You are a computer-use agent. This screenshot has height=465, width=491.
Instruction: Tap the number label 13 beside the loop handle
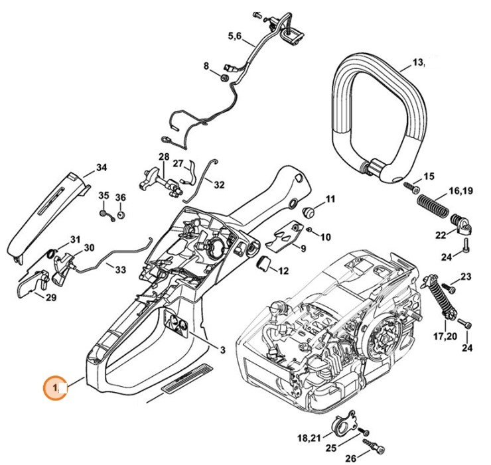point(417,62)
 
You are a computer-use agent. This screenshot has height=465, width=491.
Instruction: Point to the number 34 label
point(101,167)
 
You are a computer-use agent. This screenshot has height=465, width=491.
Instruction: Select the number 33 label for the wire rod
point(119,269)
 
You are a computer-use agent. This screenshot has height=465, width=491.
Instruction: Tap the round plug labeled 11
point(308,210)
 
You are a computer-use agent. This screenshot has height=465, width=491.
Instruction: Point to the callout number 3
point(223,350)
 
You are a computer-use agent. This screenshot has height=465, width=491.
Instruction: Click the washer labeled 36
point(121,215)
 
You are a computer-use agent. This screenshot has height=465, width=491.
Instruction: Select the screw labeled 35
point(105,214)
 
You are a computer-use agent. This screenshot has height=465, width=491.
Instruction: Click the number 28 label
point(164,156)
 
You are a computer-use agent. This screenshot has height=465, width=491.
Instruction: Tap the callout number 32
point(218,184)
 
